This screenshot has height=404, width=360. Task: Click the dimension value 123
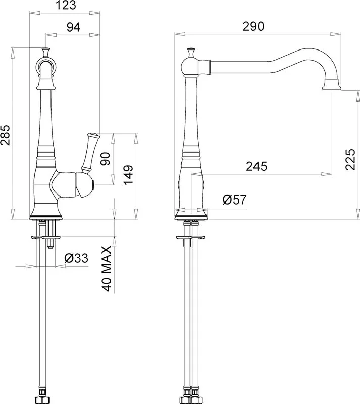(66, 5)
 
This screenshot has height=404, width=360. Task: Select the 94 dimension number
(74, 27)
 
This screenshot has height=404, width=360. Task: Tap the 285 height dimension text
(5, 135)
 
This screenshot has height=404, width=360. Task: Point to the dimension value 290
(253, 26)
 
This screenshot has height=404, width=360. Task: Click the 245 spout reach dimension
(256, 166)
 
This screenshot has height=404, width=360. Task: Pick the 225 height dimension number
(350, 159)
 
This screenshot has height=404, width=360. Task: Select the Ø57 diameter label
(234, 199)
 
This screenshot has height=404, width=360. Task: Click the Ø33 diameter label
(76, 258)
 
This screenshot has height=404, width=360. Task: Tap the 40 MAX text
(107, 269)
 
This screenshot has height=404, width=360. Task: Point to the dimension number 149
(128, 175)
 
